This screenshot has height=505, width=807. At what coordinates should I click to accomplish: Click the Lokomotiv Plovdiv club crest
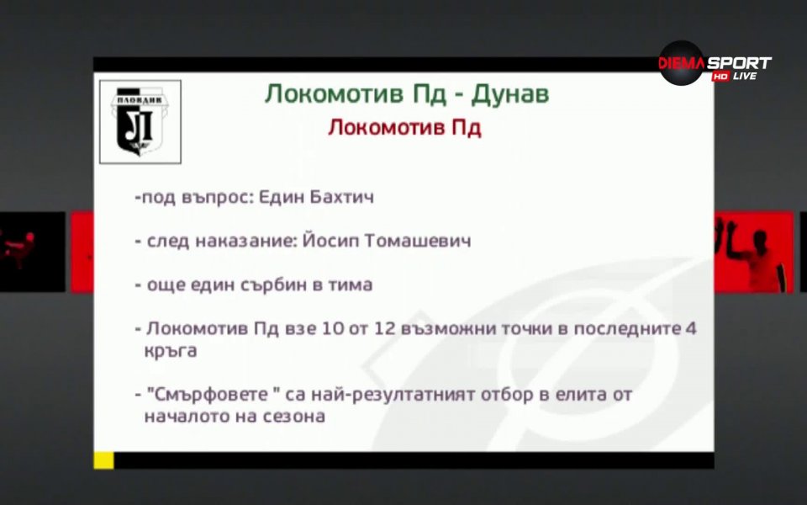click(x=140, y=121)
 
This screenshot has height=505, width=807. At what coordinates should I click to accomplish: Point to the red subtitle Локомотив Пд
click(x=403, y=128)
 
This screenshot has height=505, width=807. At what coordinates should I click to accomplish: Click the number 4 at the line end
click(x=690, y=328)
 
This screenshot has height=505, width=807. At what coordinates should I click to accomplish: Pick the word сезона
click(x=294, y=416)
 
